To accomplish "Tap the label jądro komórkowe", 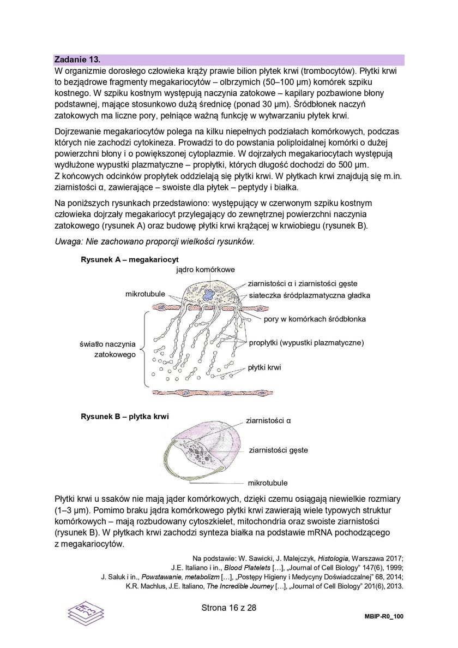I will (x=206, y=270).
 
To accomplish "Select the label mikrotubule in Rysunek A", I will (x=145, y=294).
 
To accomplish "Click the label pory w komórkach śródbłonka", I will (x=315, y=319).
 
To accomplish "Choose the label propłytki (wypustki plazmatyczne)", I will (x=306, y=343).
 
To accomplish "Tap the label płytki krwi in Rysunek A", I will (x=264, y=367).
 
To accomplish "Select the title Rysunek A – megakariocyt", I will (x=130, y=259).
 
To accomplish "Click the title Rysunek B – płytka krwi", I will (x=124, y=416).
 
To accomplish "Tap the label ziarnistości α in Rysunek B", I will (x=269, y=420).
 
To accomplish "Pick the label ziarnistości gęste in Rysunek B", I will (x=278, y=450).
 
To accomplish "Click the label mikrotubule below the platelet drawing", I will (x=267, y=483).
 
